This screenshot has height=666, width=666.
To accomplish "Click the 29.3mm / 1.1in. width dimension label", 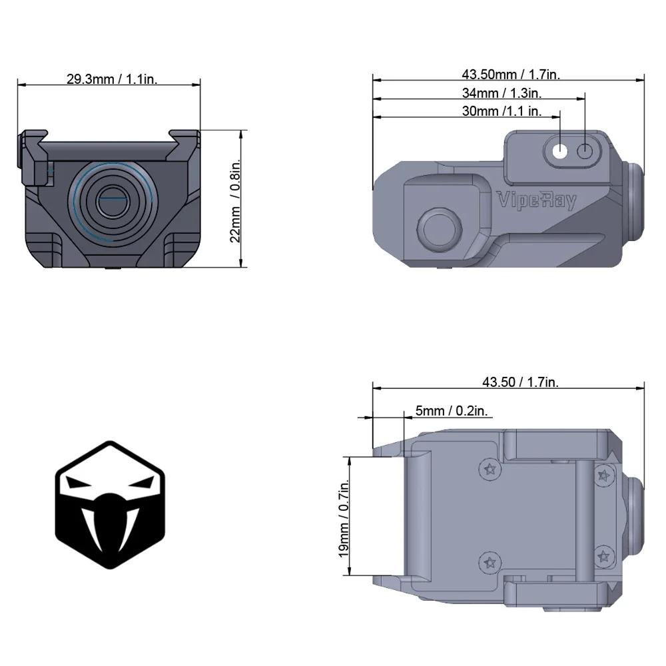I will [x=111, y=79].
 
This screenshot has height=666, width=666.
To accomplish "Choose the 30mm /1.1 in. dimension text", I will [x=501, y=111].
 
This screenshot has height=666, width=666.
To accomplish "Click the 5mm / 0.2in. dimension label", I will [x=452, y=411].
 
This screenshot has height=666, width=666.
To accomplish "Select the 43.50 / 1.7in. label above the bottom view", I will [x=520, y=382].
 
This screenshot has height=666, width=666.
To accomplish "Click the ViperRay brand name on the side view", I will [x=537, y=200].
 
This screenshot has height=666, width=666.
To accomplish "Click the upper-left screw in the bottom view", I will [x=490, y=470].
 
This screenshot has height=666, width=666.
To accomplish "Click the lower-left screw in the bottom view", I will [x=490, y=561].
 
